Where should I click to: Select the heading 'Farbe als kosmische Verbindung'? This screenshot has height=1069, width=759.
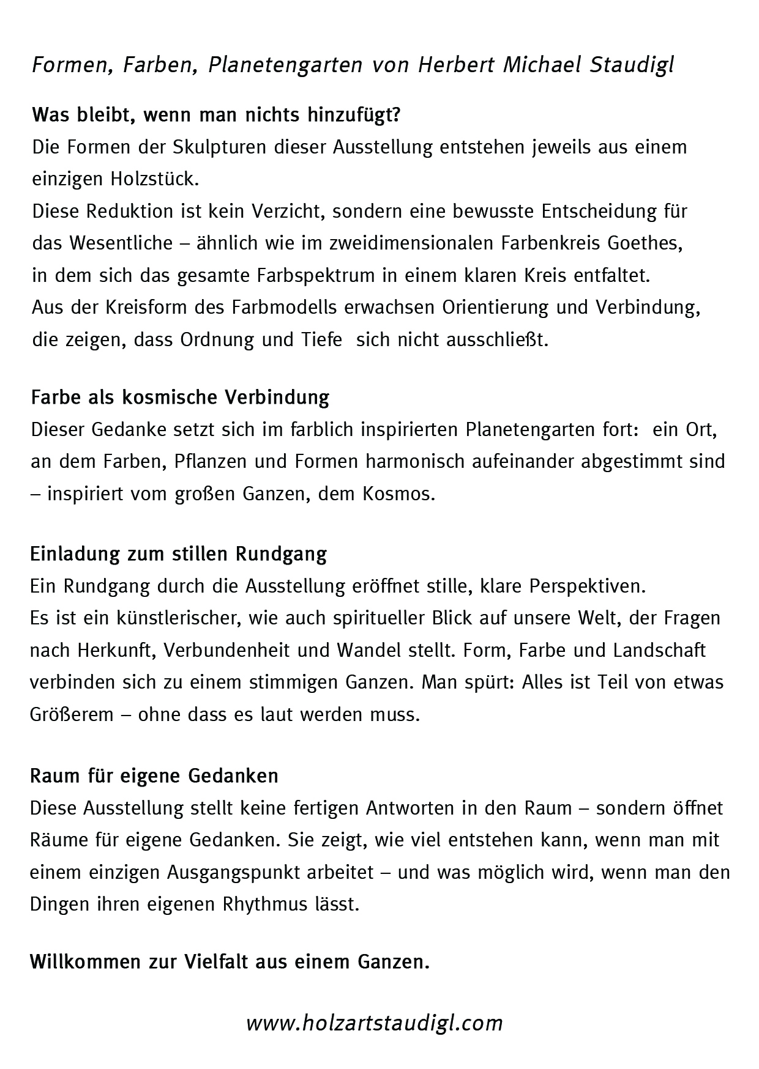coord(180,398)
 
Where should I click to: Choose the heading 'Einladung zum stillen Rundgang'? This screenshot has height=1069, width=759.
coord(178,554)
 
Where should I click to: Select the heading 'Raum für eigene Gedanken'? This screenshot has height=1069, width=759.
coord(154,776)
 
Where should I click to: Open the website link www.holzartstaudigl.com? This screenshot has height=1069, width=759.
coord(374,1023)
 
